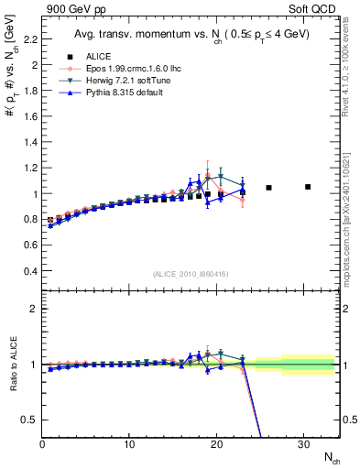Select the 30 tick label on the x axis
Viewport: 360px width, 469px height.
pyautogui.click(x=303, y=444)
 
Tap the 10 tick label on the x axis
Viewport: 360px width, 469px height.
pyautogui.click(x=129, y=444)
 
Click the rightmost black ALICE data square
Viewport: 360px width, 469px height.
pyautogui.click(x=308, y=186)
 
